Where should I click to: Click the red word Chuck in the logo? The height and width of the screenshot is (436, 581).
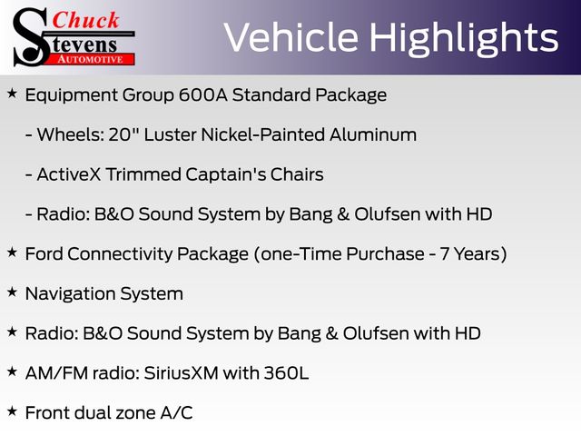point(85,20)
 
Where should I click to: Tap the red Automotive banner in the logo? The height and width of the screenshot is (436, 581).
point(91,59)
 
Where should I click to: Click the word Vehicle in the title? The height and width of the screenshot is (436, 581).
point(291,37)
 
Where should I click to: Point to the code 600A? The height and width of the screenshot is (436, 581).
point(203,94)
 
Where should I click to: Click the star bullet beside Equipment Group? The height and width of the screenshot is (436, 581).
point(12,93)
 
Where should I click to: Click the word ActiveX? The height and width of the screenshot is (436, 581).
point(69,174)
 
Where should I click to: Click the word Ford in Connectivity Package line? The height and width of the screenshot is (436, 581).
point(44,254)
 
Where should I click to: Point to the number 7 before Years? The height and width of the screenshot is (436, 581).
point(445,254)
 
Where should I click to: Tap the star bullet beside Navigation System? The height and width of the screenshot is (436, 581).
point(12,292)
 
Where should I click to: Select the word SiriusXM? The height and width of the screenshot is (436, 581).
point(181,373)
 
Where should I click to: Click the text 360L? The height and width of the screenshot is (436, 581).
point(286,373)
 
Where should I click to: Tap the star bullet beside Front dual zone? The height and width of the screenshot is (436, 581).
point(12,411)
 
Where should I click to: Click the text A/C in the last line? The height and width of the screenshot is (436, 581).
point(176,413)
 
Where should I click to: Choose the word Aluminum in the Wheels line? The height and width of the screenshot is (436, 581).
point(373,134)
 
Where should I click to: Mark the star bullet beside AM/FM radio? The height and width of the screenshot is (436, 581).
point(12,372)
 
